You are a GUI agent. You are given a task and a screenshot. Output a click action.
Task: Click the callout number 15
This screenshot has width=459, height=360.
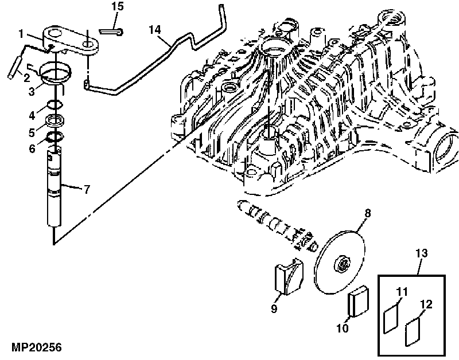point(118,6)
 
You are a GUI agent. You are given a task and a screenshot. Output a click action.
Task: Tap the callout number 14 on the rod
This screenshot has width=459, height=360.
point(155,30)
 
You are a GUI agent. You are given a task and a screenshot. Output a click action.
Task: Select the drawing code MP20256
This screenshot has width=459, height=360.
point(37,347)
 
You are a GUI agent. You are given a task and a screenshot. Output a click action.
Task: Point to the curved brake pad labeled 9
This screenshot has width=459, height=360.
point(289,276)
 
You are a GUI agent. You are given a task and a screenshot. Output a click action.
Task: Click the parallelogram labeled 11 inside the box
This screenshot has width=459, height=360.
point(391,318)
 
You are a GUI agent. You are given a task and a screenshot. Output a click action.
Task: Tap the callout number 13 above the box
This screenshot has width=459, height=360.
point(422,253)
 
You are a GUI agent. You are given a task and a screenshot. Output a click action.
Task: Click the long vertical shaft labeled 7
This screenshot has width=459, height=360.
point(54,187)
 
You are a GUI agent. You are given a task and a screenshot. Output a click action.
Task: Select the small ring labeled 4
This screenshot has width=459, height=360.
point(55,104)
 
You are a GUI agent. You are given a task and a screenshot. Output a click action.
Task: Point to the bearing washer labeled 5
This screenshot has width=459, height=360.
point(55,121)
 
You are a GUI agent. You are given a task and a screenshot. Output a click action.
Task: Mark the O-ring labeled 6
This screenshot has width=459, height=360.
point(55,136)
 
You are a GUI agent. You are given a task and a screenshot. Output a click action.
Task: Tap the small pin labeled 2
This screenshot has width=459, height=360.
point(14,67)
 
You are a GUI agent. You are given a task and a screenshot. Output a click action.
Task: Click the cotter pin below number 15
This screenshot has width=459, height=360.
point(111,32)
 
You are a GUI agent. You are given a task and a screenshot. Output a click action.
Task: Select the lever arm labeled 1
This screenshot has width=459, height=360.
point(71,40)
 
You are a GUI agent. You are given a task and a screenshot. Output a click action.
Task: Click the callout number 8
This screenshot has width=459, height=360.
point(368,213)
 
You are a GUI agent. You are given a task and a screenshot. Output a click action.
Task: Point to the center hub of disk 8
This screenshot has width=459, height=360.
point(342,264)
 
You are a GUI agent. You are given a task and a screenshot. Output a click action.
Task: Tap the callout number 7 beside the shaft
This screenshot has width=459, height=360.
point(87,190)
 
